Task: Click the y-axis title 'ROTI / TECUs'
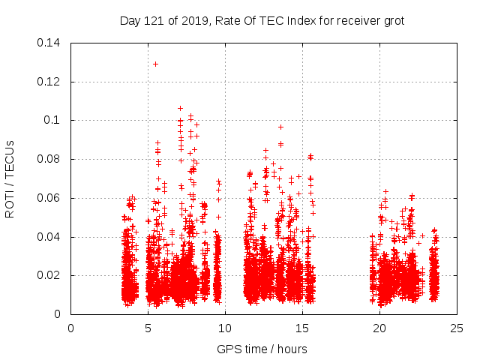pos(10,178)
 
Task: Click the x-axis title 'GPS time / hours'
pos(262,349)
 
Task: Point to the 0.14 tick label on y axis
pos(49,43)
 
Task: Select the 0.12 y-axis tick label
pos(49,82)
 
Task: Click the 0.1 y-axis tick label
pos(52,121)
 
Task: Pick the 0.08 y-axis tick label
pos(49,160)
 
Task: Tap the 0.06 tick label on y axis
pos(49,199)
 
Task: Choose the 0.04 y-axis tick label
pos(49,237)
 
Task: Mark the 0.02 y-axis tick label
pos(49,276)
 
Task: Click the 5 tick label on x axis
pos(148,328)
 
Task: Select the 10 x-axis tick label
pos(225,328)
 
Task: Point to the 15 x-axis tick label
pos(302,328)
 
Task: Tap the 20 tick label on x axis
pos(379,328)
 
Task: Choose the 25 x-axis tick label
pos(457,328)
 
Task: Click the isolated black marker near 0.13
pos(155,64)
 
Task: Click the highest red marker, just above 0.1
pos(180,108)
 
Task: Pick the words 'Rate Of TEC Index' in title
pos(262,21)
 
